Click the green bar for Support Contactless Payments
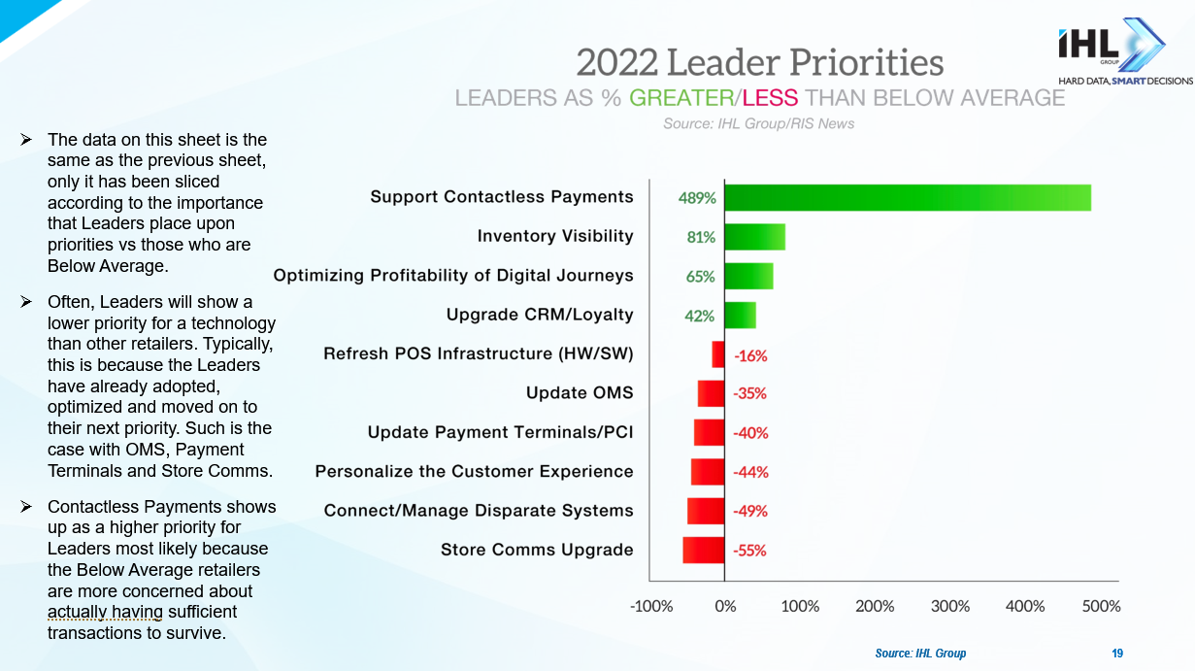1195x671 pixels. click(x=908, y=197)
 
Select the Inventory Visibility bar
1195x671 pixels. click(x=755, y=237)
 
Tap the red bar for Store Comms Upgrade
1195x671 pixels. click(x=704, y=550)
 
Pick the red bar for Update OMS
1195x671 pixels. click(x=711, y=393)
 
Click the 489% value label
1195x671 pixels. click(x=697, y=198)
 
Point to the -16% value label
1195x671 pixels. click(x=750, y=355)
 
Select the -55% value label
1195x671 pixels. click(x=749, y=551)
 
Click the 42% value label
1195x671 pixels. click(x=700, y=316)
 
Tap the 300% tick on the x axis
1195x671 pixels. click(x=950, y=606)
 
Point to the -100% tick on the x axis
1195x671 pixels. click(x=651, y=606)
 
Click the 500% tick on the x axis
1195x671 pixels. click(x=1101, y=606)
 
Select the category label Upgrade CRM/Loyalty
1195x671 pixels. click(x=540, y=315)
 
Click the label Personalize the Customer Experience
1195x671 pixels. click(x=474, y=471)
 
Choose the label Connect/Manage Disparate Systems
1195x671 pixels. click(x=479, y=511)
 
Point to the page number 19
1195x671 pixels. click(x=1117, y=654)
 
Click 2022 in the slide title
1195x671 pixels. click(x=615, y=63)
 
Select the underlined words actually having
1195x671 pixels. click(x=105, y=612)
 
